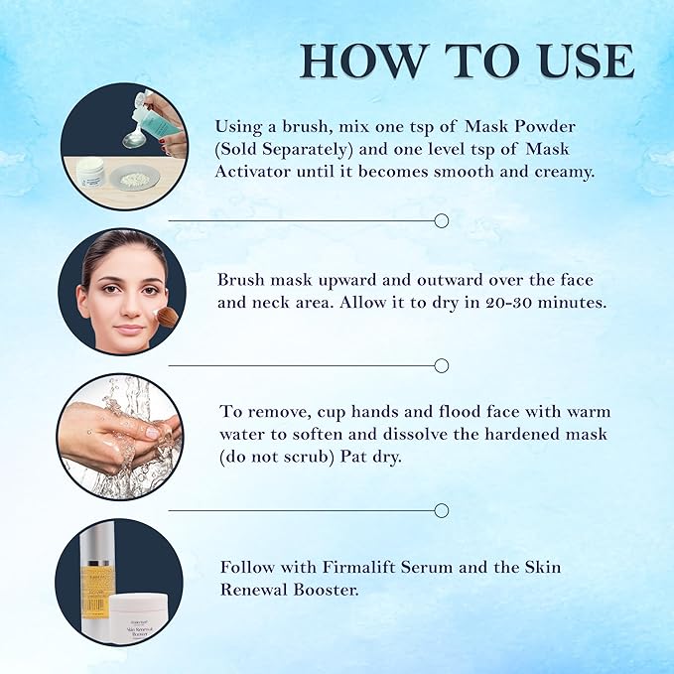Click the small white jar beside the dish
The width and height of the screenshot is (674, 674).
click(x=91, y=172)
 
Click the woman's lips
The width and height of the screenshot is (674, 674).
click(x=130, y=331)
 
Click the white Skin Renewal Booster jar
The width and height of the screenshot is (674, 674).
click(x=137, y=619)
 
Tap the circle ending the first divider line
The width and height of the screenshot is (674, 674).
click(x=442, y=221)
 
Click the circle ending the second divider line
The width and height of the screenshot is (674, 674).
click(x=442, y=366)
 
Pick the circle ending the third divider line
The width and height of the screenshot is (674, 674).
click(x=442, y=510)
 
